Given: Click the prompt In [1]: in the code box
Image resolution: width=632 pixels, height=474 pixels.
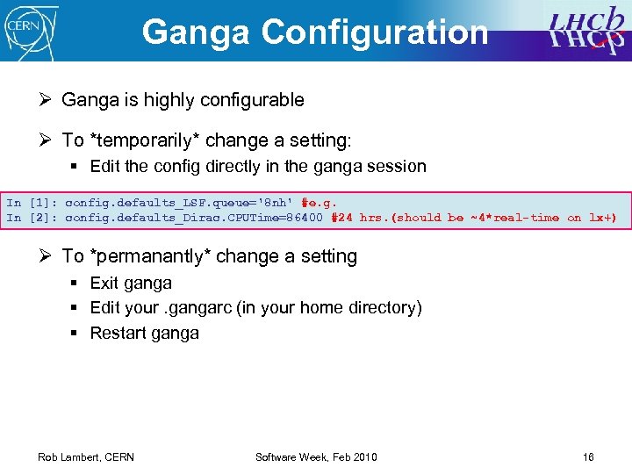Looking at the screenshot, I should (x=32, y=202).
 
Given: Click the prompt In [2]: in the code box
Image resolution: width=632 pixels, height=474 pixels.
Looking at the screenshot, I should (x=32, y=218).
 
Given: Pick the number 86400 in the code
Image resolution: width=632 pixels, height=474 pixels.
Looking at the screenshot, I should (x=302, y=218).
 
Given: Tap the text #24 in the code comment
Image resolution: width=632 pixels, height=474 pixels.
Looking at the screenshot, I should (x=341, y=218).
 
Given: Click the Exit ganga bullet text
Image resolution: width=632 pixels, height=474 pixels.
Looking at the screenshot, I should (x=131, y=283).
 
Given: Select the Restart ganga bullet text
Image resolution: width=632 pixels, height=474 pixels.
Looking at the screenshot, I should (x=144, y=333).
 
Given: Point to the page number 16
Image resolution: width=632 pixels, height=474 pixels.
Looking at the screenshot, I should (x=588, y=457).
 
